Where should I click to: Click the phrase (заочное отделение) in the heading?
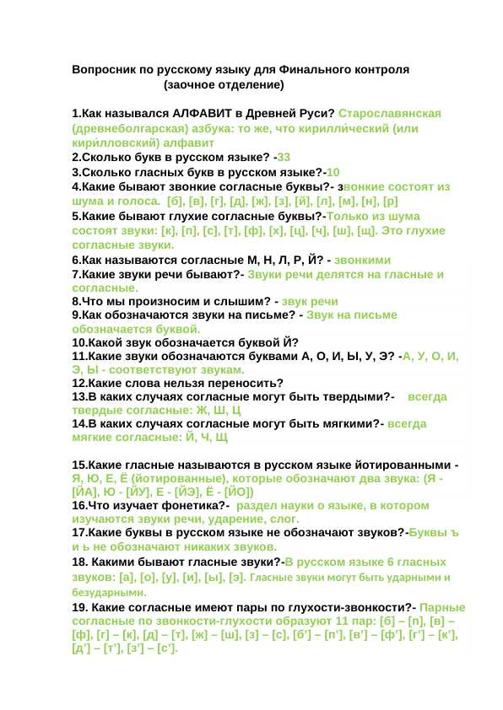[224, 85]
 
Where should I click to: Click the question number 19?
[81, 606]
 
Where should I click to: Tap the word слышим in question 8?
[230, 301]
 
